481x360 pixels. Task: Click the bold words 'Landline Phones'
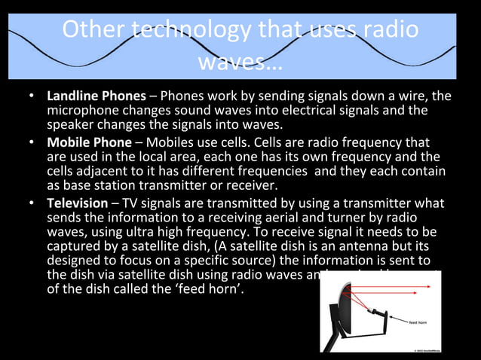tap(96, 96)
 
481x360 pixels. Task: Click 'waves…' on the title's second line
tap(240, 62)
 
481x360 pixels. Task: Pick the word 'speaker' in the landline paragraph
tap(70, 125)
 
